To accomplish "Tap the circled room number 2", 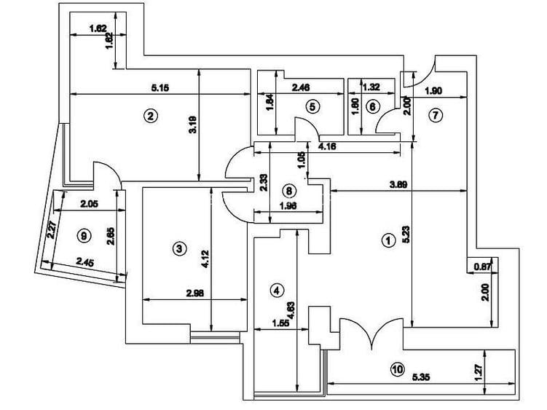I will click(151, 115).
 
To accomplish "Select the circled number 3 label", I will click(179, 249).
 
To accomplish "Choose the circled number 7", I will click(436, 114).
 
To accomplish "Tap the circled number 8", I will click(289, 192).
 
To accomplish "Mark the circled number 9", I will click(84, 235).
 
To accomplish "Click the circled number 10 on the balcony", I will click(396, 369).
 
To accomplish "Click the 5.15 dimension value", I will click(160, 88).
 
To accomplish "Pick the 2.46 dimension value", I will click(301, 88).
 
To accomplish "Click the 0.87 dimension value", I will click(481, 267).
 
